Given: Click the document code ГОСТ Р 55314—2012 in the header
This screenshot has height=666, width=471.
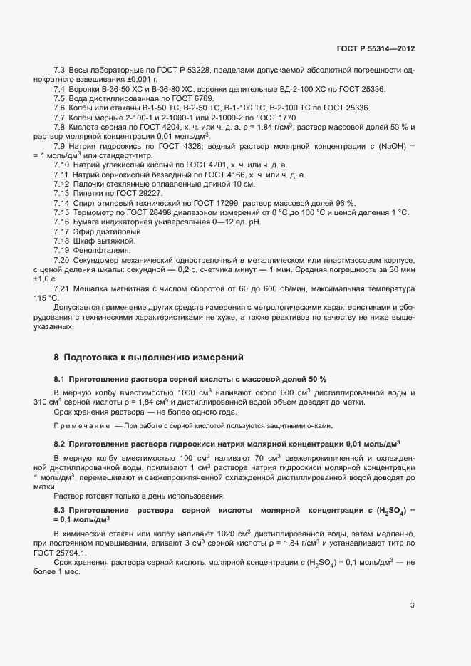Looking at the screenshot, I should pyautogui.click(x=376, y=48).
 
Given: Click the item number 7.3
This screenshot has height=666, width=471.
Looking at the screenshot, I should pyautogui.click(x=60, y=71).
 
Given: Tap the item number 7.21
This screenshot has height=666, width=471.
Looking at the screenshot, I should pyautogui.click(x=61, y=288).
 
